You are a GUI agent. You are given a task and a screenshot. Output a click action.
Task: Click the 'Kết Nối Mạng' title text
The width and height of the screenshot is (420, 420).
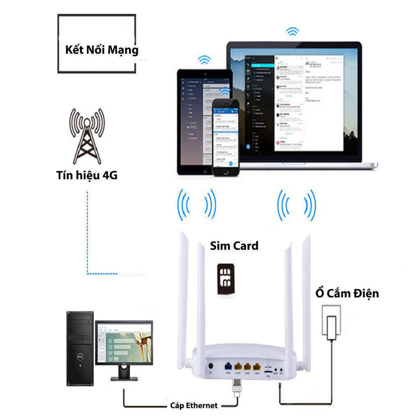pos(102,50)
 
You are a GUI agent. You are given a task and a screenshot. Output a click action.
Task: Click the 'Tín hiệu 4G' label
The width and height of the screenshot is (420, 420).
pos(87,176)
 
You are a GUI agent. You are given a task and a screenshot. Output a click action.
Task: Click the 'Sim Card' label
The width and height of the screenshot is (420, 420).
pos(234,246)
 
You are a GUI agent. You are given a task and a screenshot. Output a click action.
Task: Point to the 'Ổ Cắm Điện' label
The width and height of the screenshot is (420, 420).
pos(347,294)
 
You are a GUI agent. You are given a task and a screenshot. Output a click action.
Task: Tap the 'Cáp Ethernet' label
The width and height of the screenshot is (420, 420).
pos(194,406)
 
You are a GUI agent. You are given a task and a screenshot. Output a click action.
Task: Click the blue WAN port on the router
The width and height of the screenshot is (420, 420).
pos(228,366)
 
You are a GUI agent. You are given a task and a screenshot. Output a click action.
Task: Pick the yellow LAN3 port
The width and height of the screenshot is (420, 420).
pos(257,366)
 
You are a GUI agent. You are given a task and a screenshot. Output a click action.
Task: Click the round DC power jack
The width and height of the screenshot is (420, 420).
pos(211,366)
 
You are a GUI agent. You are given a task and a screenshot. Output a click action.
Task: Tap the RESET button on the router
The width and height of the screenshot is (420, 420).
pos(276,369)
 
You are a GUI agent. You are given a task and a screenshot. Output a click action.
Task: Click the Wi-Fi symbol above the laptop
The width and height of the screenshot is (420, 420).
pos(292,31)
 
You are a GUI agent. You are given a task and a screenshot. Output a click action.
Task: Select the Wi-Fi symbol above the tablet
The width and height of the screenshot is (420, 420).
pos(204,60)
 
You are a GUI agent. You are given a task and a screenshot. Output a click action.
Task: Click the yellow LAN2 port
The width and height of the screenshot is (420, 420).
pos(248,366)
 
